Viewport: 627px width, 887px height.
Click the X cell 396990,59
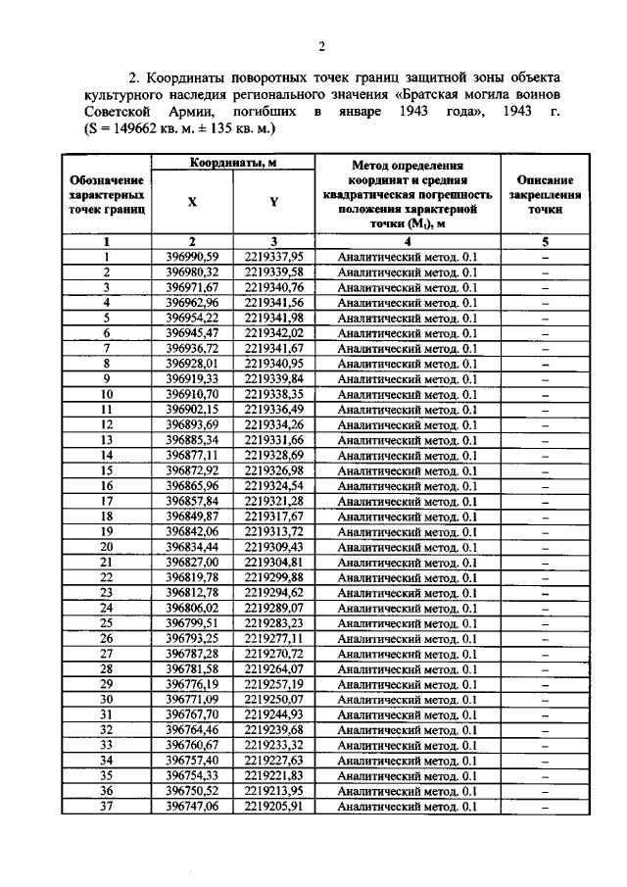pyautogui.click(x=193, y=256)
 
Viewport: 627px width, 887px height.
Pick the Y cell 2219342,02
pyautogui.click(x=274, y=333)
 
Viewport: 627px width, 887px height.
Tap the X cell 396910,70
pyautogui.click(x=193, y=394)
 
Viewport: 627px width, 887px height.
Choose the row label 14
pyautogui.click(x=107, y=456)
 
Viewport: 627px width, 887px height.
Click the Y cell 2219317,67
pyautogui.click(x=274, y=517)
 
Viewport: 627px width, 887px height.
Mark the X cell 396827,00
pyautogui.click(x=193, y=563)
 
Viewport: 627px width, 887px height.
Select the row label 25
pyautogui.click(x=107, y=623)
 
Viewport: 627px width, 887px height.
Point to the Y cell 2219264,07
pyautogui.click(x=274, y=669)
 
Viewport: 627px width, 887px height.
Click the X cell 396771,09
pyautogui.click(x=193, y=700)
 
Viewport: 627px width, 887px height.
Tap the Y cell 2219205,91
pyautogui.click(x=274, y=807)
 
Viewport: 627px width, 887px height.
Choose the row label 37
pyautogui.click(x=107, y=807)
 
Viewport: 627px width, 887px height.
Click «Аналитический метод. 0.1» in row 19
pyautogui.click(x=407, y=532)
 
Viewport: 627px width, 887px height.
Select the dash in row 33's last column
pyautogui.click(x=545, y=746)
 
